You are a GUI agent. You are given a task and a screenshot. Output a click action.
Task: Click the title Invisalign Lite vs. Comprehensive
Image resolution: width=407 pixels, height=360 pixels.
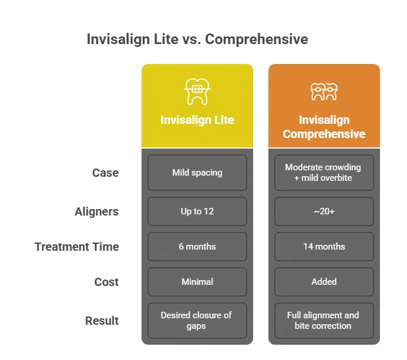pos(197,39)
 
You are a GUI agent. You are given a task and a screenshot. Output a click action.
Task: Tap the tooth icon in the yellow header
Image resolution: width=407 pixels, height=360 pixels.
pos(197,91)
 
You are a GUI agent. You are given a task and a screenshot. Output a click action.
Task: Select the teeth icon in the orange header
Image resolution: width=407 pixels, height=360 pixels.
pos(324,91)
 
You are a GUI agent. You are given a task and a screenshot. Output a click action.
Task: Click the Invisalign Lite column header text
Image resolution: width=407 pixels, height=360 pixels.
pos(197,120)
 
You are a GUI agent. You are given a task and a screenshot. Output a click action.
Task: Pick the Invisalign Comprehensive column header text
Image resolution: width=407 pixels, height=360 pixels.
pos(324,127)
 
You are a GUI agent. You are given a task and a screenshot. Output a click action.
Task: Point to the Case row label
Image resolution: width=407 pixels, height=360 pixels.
pos(105,173)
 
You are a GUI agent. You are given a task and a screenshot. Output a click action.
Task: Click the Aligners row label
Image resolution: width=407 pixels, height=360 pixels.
pos(96,211)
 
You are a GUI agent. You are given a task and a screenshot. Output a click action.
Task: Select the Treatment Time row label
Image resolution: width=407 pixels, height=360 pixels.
pos(77,247)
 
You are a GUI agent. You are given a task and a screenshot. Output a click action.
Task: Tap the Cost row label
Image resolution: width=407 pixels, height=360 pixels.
pos(106,282)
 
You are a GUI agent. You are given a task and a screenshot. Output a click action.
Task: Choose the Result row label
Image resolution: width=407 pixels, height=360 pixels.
pos(102,321)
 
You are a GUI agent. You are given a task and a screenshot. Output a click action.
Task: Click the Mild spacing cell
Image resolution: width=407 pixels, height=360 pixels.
pos(197,173)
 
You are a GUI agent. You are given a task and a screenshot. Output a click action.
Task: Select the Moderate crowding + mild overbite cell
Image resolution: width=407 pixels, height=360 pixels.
pos(324,173)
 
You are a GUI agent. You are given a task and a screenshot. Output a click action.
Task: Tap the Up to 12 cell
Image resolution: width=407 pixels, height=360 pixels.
pos(197,211)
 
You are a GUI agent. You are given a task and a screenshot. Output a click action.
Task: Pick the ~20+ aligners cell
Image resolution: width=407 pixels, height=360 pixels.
pos(324,211)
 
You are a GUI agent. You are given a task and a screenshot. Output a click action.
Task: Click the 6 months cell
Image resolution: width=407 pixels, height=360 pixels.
pos(197,247)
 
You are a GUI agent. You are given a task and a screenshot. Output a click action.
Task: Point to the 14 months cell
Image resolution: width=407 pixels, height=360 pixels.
pos(324,247)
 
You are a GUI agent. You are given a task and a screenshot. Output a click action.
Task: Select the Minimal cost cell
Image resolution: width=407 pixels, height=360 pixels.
pos(197,282)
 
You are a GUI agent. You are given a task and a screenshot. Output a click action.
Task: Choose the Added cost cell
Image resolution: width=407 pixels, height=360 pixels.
pos(324,282)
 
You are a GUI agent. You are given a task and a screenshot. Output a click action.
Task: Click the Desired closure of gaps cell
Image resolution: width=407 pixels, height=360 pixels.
pos(197,321)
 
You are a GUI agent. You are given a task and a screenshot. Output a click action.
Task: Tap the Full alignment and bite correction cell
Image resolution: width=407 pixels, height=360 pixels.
pos(324,321)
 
